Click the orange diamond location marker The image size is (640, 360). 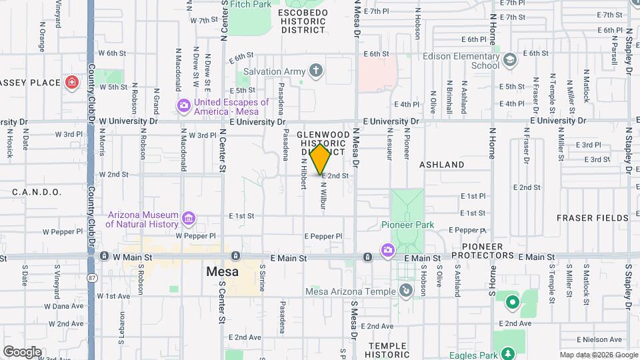[x=321, y=159]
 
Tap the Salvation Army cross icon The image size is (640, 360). [x=316, y=71]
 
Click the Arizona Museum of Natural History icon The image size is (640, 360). [x=189, y=219]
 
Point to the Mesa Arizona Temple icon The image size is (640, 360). [x=405, y=291]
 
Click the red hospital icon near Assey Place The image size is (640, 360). [x=72, y=83]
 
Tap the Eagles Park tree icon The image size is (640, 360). [x=509, y=353]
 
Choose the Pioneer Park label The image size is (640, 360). [x=407, y=225]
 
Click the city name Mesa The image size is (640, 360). [x=223, y=272]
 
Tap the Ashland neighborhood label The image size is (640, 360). [x=442, y=164]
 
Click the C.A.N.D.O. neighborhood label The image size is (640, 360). [x=37, y=192]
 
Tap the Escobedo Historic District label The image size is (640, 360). [x=303, y=21]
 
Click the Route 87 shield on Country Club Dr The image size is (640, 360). [x=91, y=276]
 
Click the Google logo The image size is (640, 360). [x=23, y=351]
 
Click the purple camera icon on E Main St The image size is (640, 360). [x=387, y=250]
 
